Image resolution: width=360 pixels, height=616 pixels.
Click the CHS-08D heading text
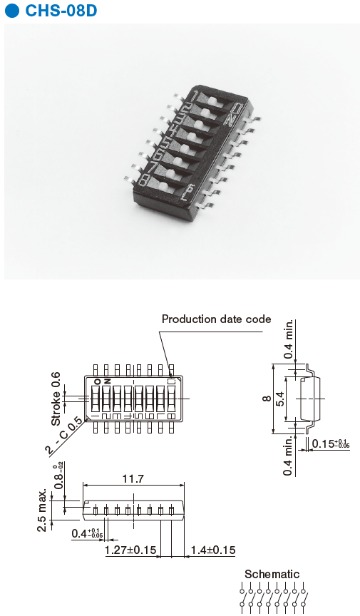point(61,11)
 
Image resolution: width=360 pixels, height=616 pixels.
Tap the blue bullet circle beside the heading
point(12,11)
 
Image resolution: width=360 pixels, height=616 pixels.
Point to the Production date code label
point(217,319)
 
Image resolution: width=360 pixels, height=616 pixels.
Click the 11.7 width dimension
point(133,479)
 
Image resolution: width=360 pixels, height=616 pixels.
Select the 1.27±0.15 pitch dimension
point(130,550)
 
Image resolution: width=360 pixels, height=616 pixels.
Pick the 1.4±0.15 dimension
point(212,550)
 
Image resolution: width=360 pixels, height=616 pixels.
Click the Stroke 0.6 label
point(56,399)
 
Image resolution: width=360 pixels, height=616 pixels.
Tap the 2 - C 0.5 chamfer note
point(65,436)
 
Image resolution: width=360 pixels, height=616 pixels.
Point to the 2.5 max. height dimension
point(42,510)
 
